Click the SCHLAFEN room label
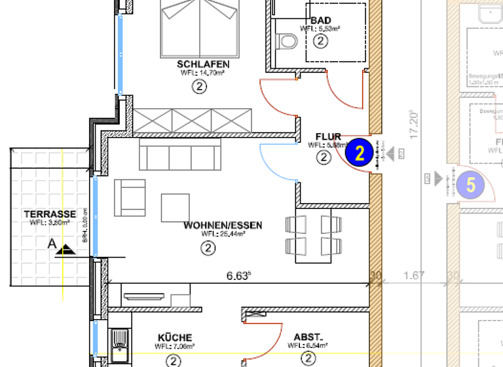tap(203, 64)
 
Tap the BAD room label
tap(320, 20)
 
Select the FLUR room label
tap(328, 137)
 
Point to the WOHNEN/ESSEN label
tap(223, 225)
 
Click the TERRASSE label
tap(50, 214)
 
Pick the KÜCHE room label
tap(175, 337)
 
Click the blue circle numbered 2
tap(359, 153)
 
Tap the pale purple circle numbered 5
tap(470, 185)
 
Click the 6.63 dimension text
tap(239, 276)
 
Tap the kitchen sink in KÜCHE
tap(119, 341)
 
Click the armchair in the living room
tap(130, 197)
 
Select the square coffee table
tap(176, 207)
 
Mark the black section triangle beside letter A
tap(66, 250)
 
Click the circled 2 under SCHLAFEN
tap(200, 86)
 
